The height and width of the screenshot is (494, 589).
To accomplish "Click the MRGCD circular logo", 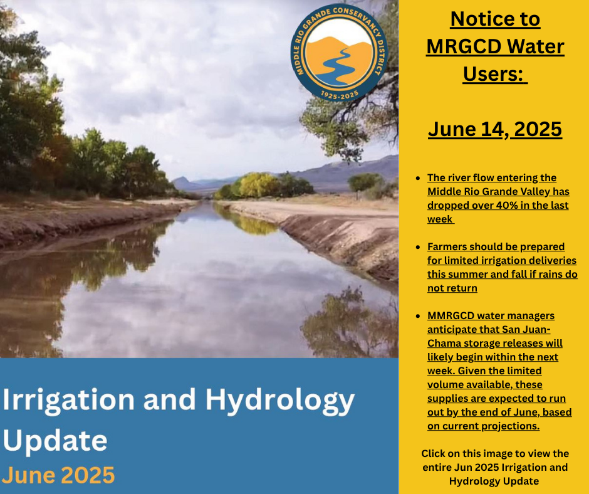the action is [339, 53].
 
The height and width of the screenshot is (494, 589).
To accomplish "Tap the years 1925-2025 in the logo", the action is [340, 95].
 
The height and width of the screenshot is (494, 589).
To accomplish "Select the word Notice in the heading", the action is [474, 19].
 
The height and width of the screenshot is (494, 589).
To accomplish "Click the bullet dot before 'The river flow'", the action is [418, 178].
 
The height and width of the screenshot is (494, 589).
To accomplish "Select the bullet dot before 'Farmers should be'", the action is [418, 247].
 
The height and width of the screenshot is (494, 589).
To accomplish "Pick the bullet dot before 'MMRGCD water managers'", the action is [418, 316].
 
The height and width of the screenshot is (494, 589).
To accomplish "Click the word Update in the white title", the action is [55, 441].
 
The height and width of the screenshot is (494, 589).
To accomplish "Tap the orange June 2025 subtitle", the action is [59, 475].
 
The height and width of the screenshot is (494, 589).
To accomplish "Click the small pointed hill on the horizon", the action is [182, 182].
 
